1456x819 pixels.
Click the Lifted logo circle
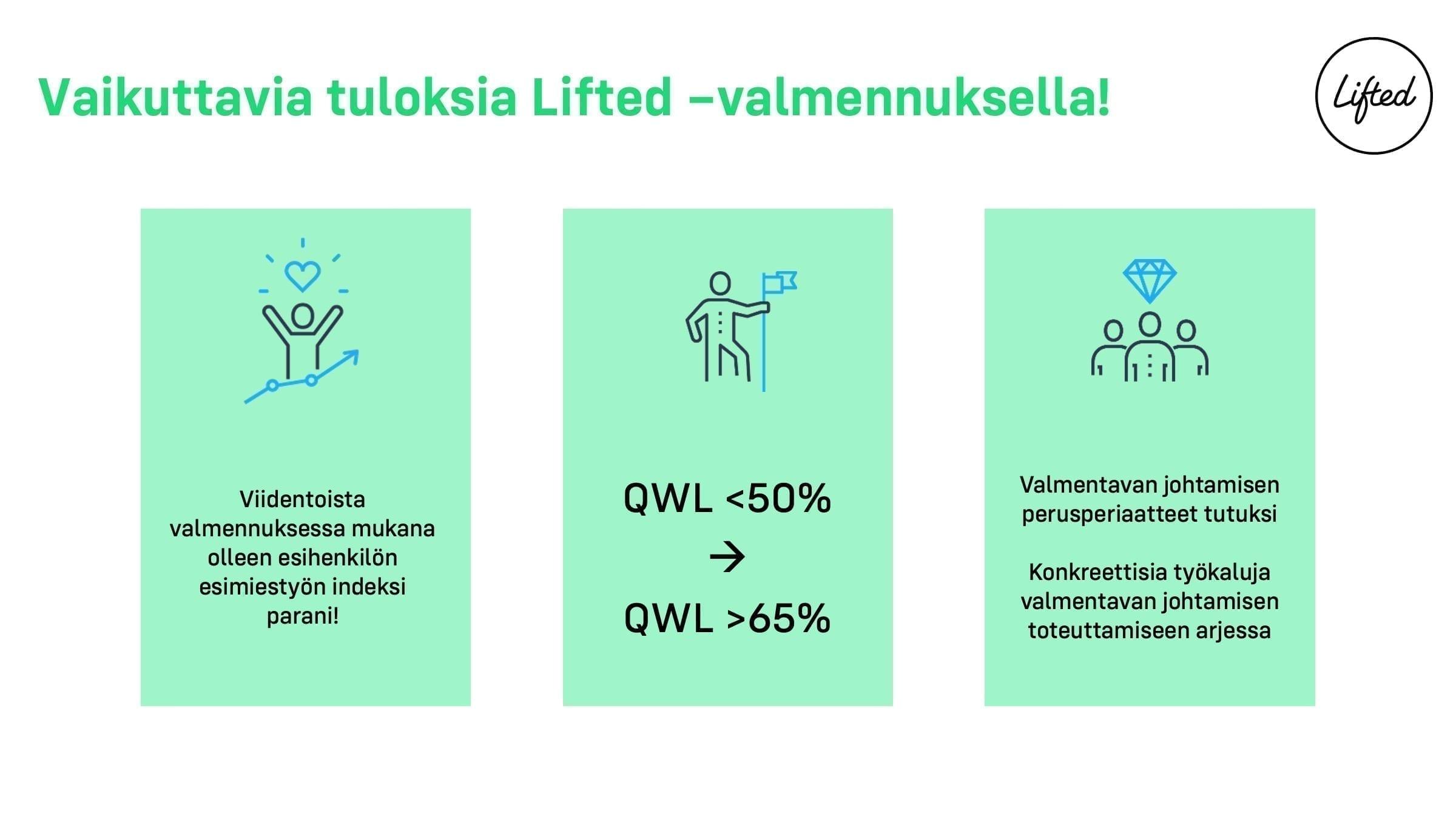1317,96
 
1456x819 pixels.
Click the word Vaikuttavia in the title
175,97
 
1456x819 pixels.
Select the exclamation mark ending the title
1103,97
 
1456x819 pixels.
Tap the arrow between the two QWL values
727,558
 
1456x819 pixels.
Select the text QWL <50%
727,499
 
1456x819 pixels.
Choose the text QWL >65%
727,618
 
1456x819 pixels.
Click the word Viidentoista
302,499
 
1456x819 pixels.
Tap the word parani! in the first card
302,616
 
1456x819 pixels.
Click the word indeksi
369,587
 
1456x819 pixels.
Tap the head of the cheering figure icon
302,315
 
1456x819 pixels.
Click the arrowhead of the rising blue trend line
352,356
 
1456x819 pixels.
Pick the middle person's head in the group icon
1150,325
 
